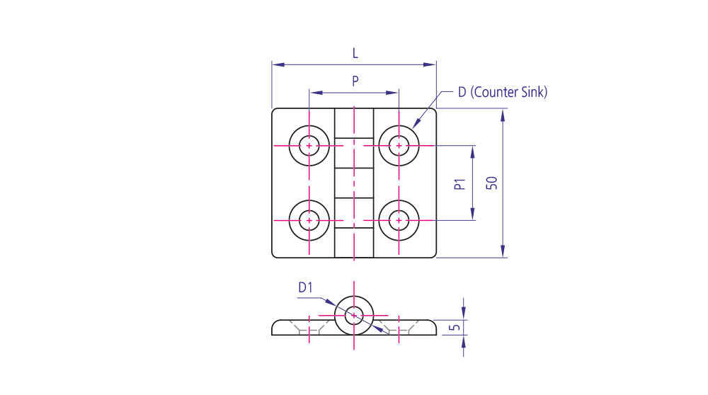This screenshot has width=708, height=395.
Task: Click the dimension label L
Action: tap(355, 54)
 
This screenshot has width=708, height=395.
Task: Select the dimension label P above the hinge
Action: tap(355, 81)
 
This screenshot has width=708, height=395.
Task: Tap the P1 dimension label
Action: tap(459, 184)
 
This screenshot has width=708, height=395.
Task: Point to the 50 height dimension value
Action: tap(492, 183)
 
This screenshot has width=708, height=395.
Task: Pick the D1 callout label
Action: tap(305, 287)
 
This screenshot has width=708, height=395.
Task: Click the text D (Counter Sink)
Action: tap(503, 92)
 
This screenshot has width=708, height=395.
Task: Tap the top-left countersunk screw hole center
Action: tap(309, 146)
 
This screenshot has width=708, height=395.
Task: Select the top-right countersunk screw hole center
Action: tap(399, 146)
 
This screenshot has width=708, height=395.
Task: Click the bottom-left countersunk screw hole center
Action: tap(309, 220)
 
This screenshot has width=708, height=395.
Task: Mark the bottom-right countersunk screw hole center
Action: tap(399, 220)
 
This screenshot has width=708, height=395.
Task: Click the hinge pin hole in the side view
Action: tap(354, 315)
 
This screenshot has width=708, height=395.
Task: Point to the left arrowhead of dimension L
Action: tap(278, 64)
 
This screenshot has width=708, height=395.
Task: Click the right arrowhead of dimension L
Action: tap(430, 64)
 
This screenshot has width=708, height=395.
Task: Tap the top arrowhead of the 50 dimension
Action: tap(503, 115)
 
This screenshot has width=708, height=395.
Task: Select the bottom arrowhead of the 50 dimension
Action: tap(503, 251)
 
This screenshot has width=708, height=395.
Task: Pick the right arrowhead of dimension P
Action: tap(392, 93)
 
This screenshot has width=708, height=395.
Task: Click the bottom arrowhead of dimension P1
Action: tap(473, 214)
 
